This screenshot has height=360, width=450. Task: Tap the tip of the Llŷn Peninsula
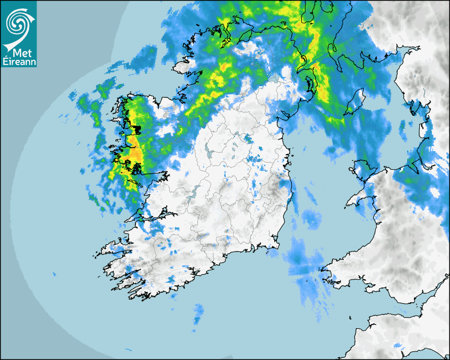[349, 204]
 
